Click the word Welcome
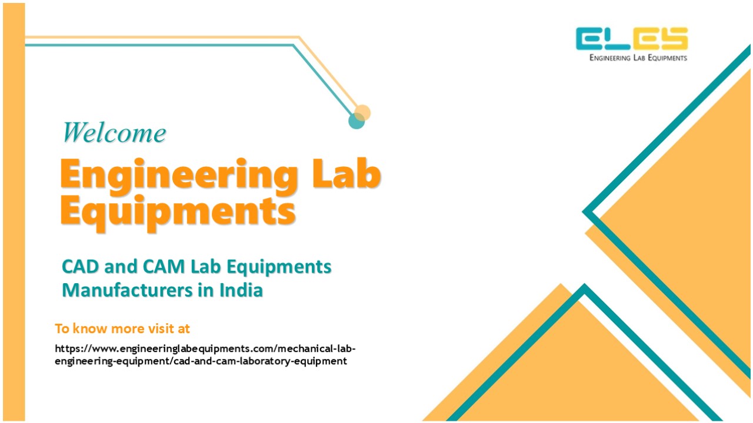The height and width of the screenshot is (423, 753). [114, 132]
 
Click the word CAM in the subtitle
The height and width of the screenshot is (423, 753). [164, 267]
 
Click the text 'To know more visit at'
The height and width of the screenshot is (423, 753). [122, 328]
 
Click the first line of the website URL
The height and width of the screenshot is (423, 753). [205, 348]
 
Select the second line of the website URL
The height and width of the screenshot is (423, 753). [201, 361]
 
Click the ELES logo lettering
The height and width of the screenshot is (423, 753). [632, 39]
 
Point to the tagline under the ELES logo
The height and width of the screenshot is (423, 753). [638, 58]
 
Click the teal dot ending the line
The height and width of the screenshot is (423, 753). [356, 121]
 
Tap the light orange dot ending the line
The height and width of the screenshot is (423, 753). [363, 112]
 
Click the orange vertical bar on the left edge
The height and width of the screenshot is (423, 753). [14, 211]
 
